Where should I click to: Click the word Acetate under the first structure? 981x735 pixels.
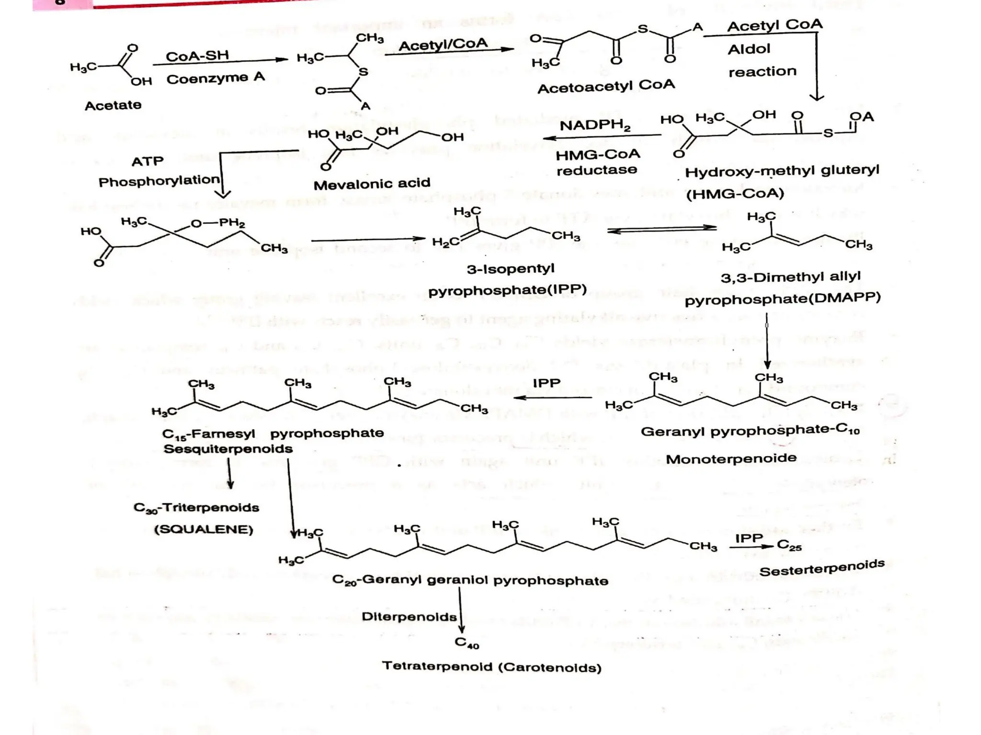point(113,105)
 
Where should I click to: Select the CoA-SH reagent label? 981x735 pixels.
point(197,56)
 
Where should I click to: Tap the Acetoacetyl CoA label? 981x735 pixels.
point(606,87)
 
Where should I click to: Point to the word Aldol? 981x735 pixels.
point(749,49)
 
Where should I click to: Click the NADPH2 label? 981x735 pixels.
point(595,126)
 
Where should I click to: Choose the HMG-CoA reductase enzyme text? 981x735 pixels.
point(597,162)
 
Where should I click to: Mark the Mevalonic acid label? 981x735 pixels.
point(372,184)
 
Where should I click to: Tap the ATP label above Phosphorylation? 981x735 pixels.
point(148,161)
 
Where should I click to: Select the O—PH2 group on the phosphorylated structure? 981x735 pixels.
point(218,223)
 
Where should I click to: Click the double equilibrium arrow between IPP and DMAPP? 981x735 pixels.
point(662,230)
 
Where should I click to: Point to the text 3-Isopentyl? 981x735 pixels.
point(511,268)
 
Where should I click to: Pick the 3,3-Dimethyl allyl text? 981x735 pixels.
point(790,277)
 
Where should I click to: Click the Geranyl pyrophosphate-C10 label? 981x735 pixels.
point(750,431)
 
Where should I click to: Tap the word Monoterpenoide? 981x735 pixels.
point(731,459)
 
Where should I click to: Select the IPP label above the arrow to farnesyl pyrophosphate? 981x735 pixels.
point(547,383)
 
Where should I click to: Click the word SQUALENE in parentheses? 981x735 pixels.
point(204,530)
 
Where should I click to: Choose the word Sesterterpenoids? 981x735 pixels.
point(821,568)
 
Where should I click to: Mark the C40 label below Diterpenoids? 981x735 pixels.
point(467,643)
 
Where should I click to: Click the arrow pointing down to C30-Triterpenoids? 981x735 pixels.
point(230,474)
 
